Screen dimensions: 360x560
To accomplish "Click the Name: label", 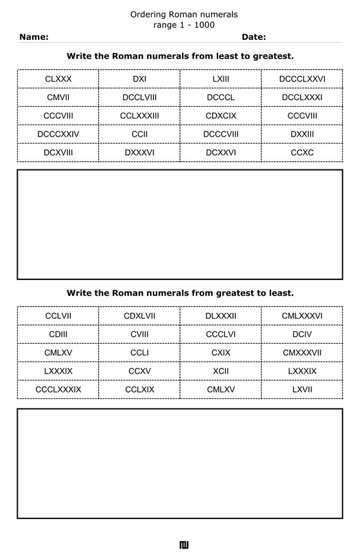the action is click(x=33, y=37).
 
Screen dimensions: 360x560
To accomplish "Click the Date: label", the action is click(x=253, y=37).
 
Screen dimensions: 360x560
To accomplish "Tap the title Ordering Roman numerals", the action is click(x=184, y=14).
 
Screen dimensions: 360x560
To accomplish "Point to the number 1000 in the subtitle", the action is click(x=204, y=25).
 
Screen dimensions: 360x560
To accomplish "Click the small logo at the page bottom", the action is click(x=184, y=545).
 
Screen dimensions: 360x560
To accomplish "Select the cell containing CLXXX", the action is click(x=58, y=79).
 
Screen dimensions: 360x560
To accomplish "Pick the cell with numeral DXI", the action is click(x=140, y=79).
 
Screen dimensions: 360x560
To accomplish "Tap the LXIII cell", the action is click(x=220, y=79).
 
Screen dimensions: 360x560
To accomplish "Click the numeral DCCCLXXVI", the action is click(x=302, y=79).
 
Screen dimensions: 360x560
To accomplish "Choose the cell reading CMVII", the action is click(x=58, y=97).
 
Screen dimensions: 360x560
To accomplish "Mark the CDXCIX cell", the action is click(x=220, y=116).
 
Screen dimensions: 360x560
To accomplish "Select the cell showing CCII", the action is click(x=140, y=134).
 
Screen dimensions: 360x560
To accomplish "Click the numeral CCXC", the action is click(x=302, y=152).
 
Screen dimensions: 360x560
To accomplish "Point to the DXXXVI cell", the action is click(x=140, y=152).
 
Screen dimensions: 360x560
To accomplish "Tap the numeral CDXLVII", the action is click(x=140, y=316).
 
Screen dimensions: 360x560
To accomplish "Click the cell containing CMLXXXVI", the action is click(x=302, y=316).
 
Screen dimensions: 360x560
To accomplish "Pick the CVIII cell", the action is click(x=140, y=334).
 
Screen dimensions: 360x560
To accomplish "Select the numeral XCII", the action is click(x=220, y=371).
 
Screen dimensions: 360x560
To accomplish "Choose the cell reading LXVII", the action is click(x=302, y=389).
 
